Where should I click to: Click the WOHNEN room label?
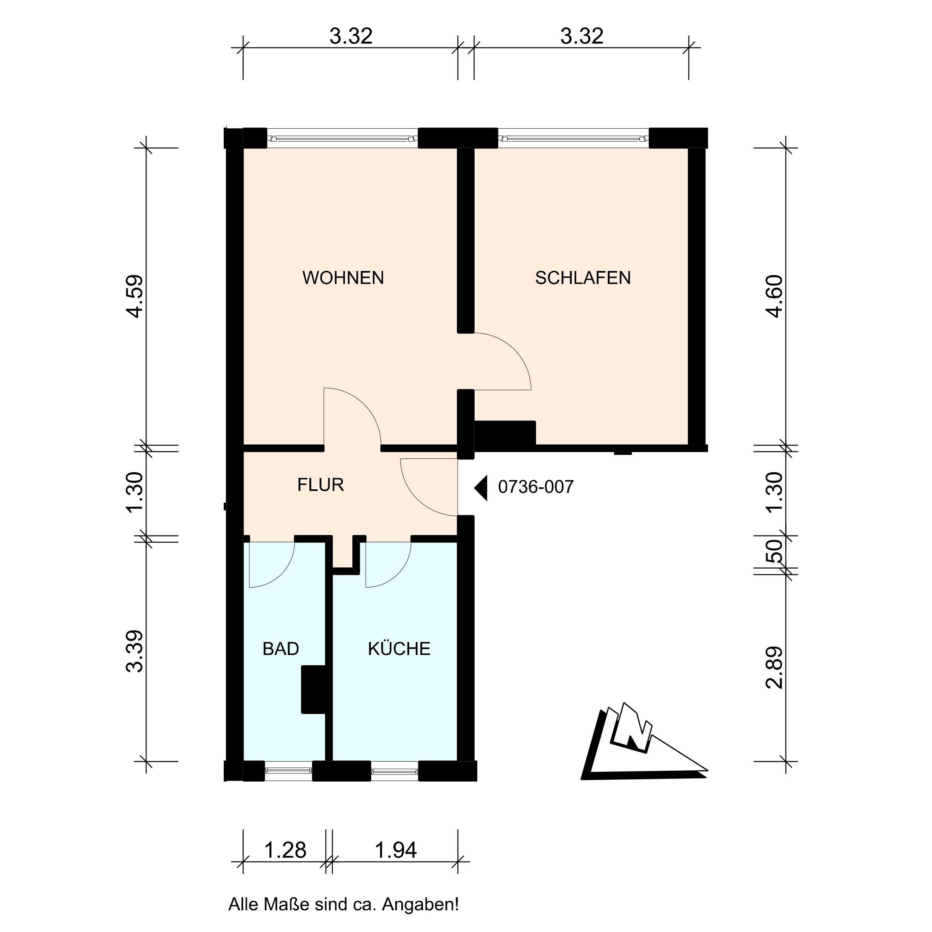pos(343,278)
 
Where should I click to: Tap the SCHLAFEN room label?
pos(583,278)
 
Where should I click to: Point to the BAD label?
pos(281,649)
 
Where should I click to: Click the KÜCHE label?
pos(399,648)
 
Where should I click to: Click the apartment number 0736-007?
pos(536,487)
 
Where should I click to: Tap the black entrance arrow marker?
pos(481,488)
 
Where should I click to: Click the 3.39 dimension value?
pos(135,651)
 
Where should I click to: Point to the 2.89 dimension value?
pos(774,667)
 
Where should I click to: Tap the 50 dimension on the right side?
pos(774,551)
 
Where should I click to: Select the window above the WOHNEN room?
pos(342,138)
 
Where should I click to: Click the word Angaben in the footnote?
pos(420,904)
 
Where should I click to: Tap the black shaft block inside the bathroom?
pos(314,689)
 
